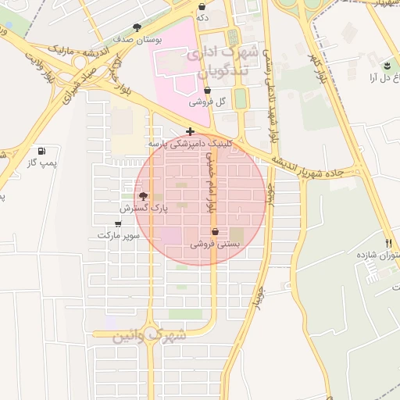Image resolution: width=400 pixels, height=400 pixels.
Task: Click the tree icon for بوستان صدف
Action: (138, 27)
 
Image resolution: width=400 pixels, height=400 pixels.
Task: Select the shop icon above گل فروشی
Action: (207, 91)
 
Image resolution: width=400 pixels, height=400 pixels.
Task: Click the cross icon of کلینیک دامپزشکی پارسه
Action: (191, 131)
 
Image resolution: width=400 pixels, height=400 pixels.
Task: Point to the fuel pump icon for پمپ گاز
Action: (41, 151)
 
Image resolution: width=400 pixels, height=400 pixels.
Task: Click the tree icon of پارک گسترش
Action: (142, 196)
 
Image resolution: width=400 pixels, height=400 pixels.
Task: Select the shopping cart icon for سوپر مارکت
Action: (118, 223)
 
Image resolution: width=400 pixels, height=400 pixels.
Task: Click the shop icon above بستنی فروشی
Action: (215, 232)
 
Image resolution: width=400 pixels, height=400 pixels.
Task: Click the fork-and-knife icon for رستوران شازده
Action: (389, 243)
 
